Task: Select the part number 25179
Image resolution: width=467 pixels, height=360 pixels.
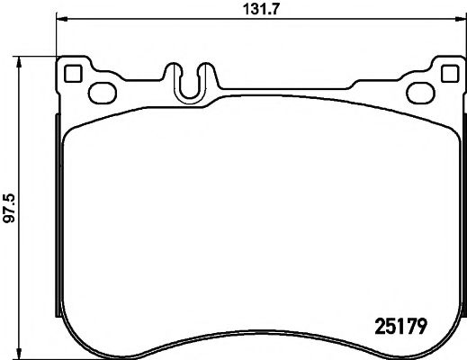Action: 400,319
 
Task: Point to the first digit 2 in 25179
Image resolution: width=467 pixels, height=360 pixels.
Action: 378,319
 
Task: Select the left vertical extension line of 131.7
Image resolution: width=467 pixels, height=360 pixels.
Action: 56,36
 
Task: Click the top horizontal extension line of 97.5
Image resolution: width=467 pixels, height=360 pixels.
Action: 36,56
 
